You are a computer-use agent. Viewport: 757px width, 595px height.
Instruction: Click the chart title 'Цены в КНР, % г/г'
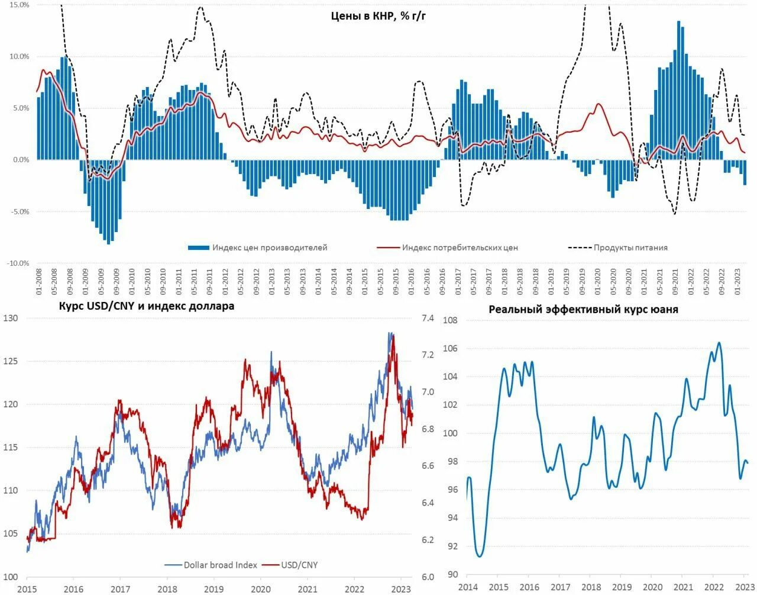point(378,16)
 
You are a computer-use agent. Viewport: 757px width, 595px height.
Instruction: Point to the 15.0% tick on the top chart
point(19,5)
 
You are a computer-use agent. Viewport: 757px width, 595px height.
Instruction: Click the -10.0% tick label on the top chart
point(18,263)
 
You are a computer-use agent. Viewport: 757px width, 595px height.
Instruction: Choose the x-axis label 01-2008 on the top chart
point(39,282)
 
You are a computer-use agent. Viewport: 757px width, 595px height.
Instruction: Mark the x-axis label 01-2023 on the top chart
point(737,282)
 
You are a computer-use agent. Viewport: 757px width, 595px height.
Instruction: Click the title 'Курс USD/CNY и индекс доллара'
point(147,306)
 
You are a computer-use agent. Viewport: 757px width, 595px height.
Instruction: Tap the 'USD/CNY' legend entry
point(299,565)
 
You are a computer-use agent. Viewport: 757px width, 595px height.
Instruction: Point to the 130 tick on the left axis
point(11,318)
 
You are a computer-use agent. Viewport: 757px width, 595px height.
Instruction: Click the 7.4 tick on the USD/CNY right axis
point(427,318)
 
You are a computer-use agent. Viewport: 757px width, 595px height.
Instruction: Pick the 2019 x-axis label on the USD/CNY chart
point(213,588)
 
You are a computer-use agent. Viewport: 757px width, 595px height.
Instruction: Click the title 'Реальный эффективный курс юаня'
point(583,310)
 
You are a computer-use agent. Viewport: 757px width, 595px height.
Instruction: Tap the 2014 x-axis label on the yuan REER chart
point(467,587)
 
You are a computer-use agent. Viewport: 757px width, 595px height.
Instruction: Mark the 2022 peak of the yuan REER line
point(719,342)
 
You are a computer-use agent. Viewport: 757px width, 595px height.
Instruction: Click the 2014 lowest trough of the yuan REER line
point(479,557)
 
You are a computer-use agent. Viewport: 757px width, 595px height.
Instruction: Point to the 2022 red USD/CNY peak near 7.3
point(393,336)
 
